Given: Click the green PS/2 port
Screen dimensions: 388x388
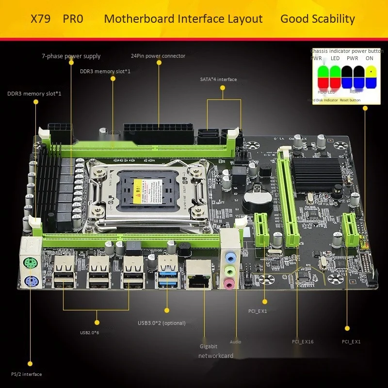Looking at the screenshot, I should coord(30,264).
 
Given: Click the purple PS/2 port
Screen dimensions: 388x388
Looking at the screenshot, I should coord(30,282).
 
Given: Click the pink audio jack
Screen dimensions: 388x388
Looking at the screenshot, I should coord(229,282).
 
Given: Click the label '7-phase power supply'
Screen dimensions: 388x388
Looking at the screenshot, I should coord(71,56).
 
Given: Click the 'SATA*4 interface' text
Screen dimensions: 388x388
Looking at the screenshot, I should coord(218,79).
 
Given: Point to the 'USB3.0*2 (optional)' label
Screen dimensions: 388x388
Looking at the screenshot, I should coord(162,323).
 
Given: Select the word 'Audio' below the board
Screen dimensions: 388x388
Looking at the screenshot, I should coord(235,342).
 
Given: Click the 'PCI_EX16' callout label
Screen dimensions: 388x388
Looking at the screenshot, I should coord(303,342).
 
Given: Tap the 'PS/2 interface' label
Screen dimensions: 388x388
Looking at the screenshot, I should coord(26,374).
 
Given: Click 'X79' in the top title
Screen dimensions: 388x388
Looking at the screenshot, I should coord(41,19).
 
